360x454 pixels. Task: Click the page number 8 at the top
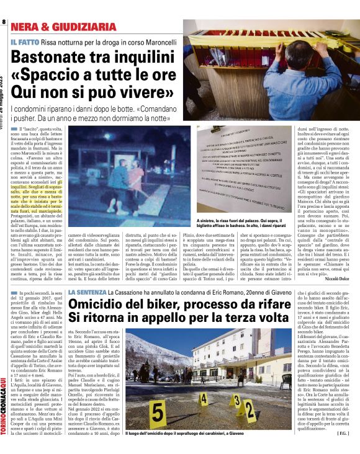tap(4, 23)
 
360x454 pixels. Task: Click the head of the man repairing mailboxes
tap(291, 53)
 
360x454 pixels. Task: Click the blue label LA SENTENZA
tap(86, 291)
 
